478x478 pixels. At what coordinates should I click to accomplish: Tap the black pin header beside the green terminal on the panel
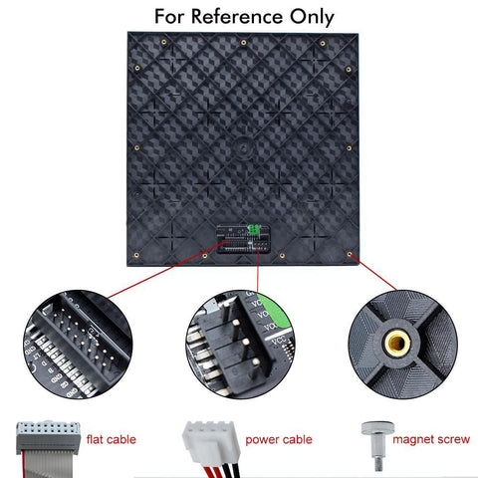(233, 240)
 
